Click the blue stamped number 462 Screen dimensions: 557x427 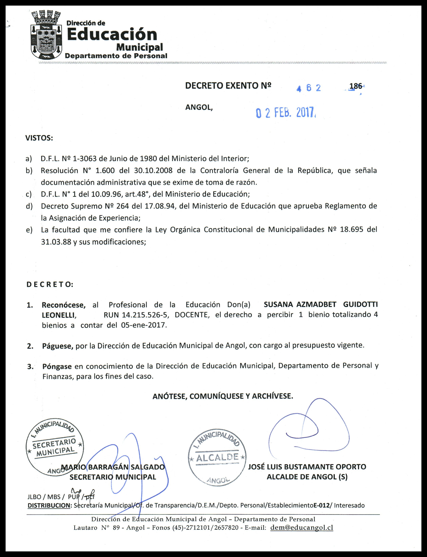pos(309,88)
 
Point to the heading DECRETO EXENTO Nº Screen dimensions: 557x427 pos(228,86)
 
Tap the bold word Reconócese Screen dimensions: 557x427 pos(64,305)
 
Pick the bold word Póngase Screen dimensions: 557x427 pos(57,366)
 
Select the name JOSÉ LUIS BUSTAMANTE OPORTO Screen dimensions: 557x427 pos(307,467)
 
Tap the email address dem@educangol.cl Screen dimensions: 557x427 pos(302,528)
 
